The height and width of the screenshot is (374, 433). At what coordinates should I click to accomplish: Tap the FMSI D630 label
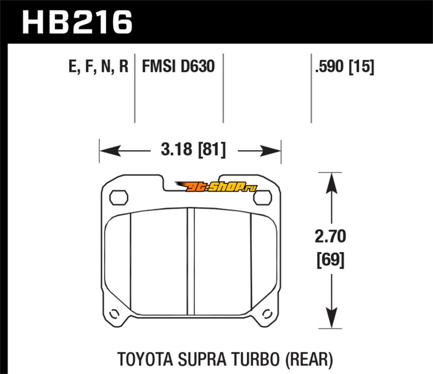179,68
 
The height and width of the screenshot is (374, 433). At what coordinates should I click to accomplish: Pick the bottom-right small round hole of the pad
266,313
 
